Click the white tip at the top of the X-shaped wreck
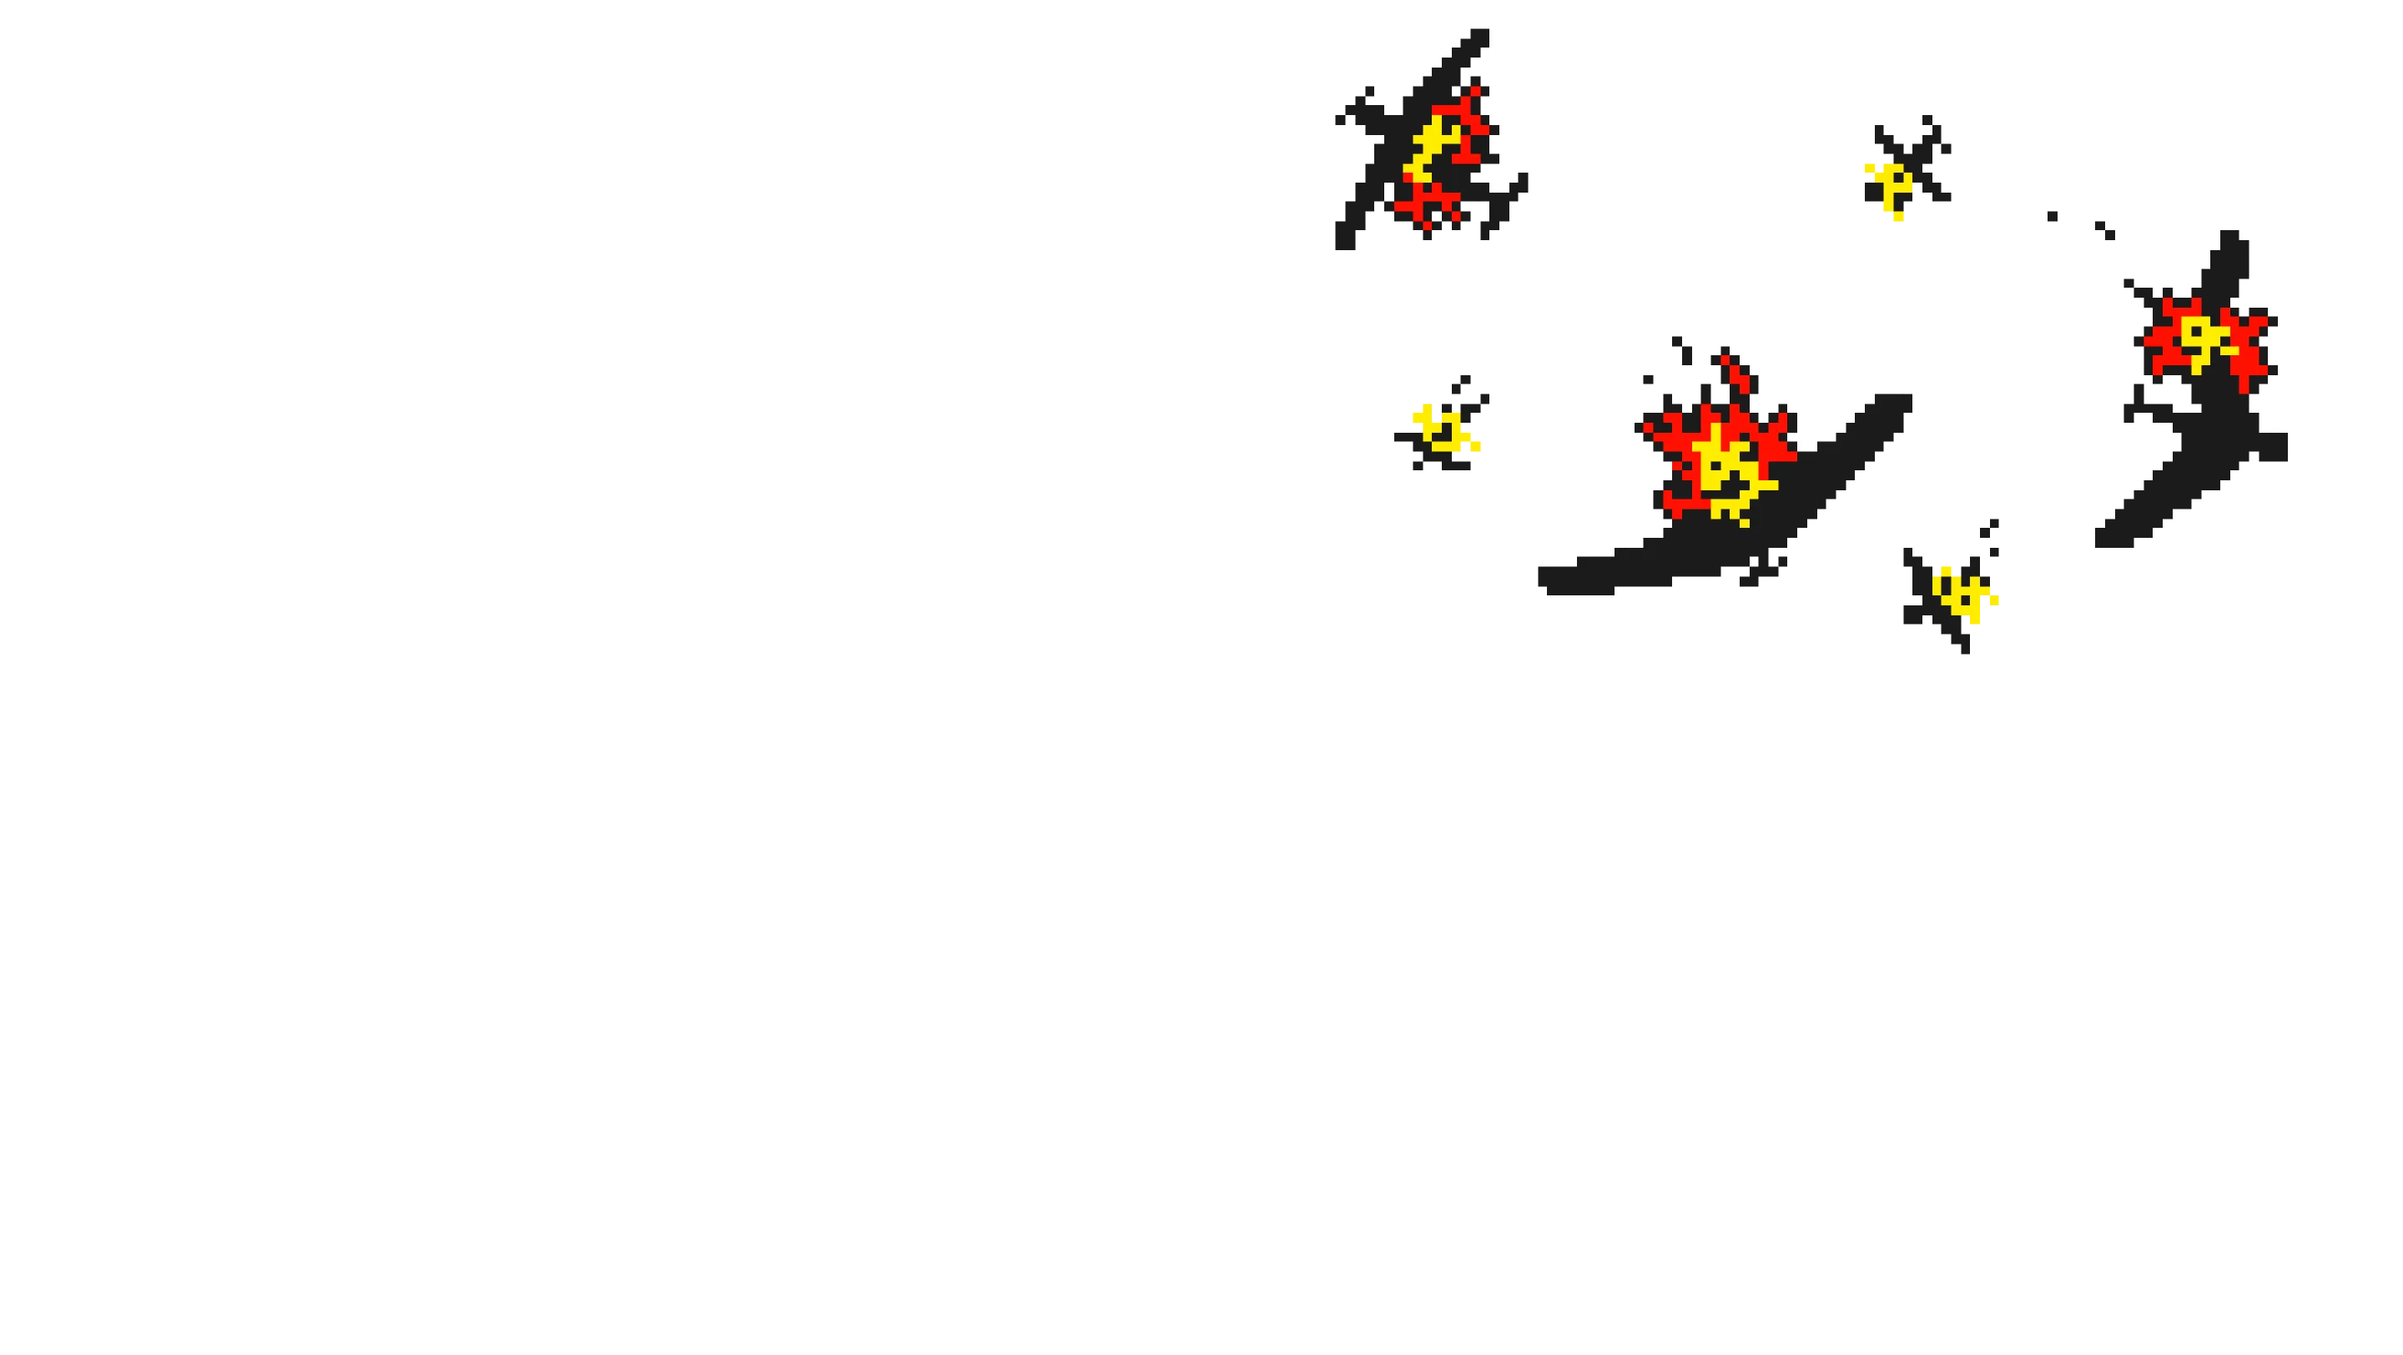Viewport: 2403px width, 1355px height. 1493,39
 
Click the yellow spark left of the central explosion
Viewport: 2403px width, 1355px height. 1442,429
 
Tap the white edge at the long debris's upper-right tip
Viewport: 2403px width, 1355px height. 1889,389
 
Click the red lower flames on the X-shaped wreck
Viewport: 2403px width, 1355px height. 1428,200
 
